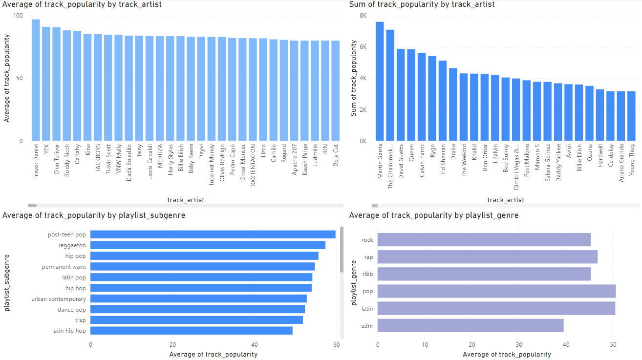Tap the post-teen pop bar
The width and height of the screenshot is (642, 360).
[213, 234]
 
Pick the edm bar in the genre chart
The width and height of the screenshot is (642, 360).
[471, 325]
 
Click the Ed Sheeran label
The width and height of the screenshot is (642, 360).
[443, 156]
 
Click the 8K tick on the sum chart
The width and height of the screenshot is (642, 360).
[363, 16]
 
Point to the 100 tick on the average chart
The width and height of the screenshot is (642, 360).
[18, 16]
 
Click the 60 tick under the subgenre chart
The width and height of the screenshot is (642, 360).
[337, 345]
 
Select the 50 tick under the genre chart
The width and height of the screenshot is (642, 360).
[613, 345]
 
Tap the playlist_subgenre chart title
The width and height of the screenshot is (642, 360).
[94, 215]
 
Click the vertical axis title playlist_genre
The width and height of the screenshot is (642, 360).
[354, 283]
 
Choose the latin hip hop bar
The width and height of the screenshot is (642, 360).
[191, 331]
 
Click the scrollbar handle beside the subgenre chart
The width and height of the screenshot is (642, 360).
[342, 249]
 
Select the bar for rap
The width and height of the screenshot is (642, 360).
[487, 257]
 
